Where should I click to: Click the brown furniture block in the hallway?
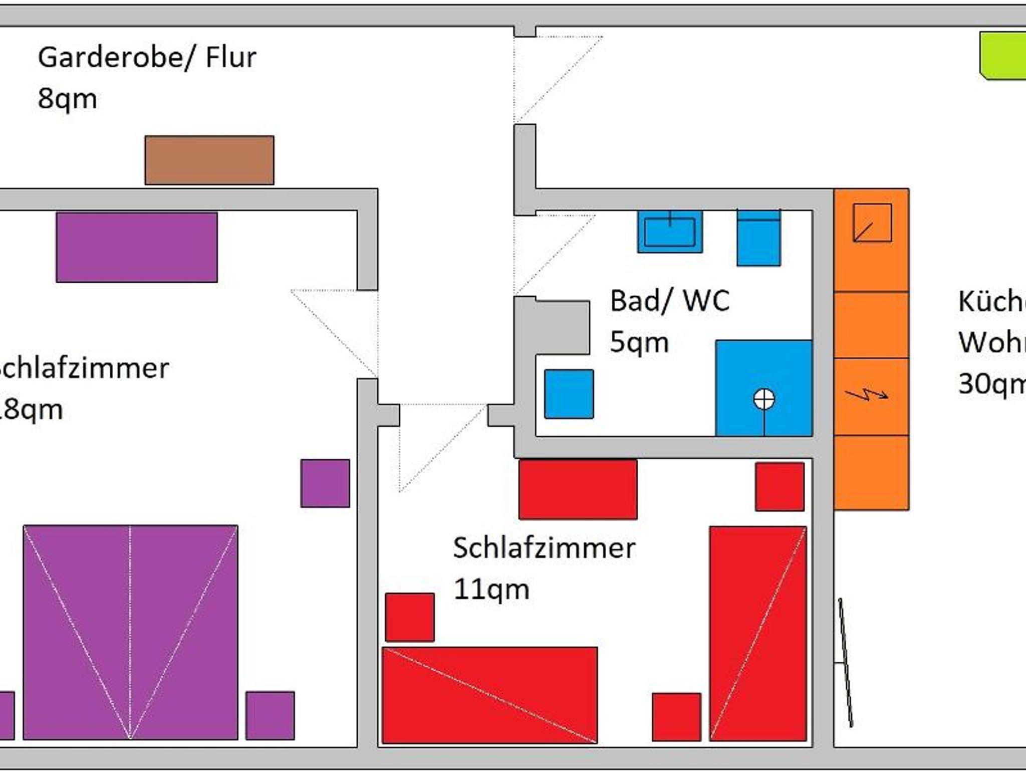point(209,160)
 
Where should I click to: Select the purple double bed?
point(130,632)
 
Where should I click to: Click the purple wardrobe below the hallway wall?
point(137,247)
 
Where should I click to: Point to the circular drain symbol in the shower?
point(763,399)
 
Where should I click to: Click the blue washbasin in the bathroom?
point(670,232)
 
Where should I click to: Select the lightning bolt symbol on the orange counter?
point(867,395)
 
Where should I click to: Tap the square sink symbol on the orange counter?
point(872,223)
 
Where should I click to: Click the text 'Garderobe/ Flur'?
point(147,57)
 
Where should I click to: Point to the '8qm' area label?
point(67,99)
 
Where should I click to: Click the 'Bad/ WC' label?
point(669,301)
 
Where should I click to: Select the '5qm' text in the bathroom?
point(639,342)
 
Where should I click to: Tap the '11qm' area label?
point(491,589)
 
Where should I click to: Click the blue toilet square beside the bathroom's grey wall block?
point(569,394)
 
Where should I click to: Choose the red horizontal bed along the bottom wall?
point(489,695)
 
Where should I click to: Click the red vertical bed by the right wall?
point(758,633)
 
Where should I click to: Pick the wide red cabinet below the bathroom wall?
point(578,489)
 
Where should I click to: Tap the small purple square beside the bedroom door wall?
point(325,483)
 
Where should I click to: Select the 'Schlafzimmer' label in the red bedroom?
point(544,548)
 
